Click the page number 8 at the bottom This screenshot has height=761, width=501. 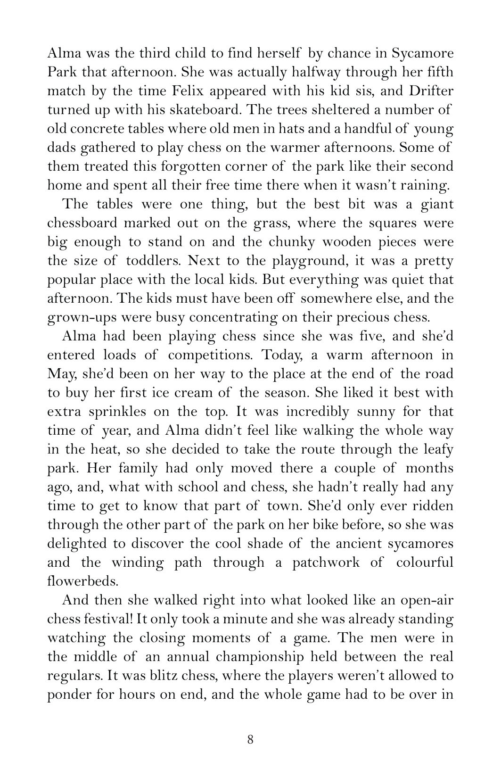click(250, 739)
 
